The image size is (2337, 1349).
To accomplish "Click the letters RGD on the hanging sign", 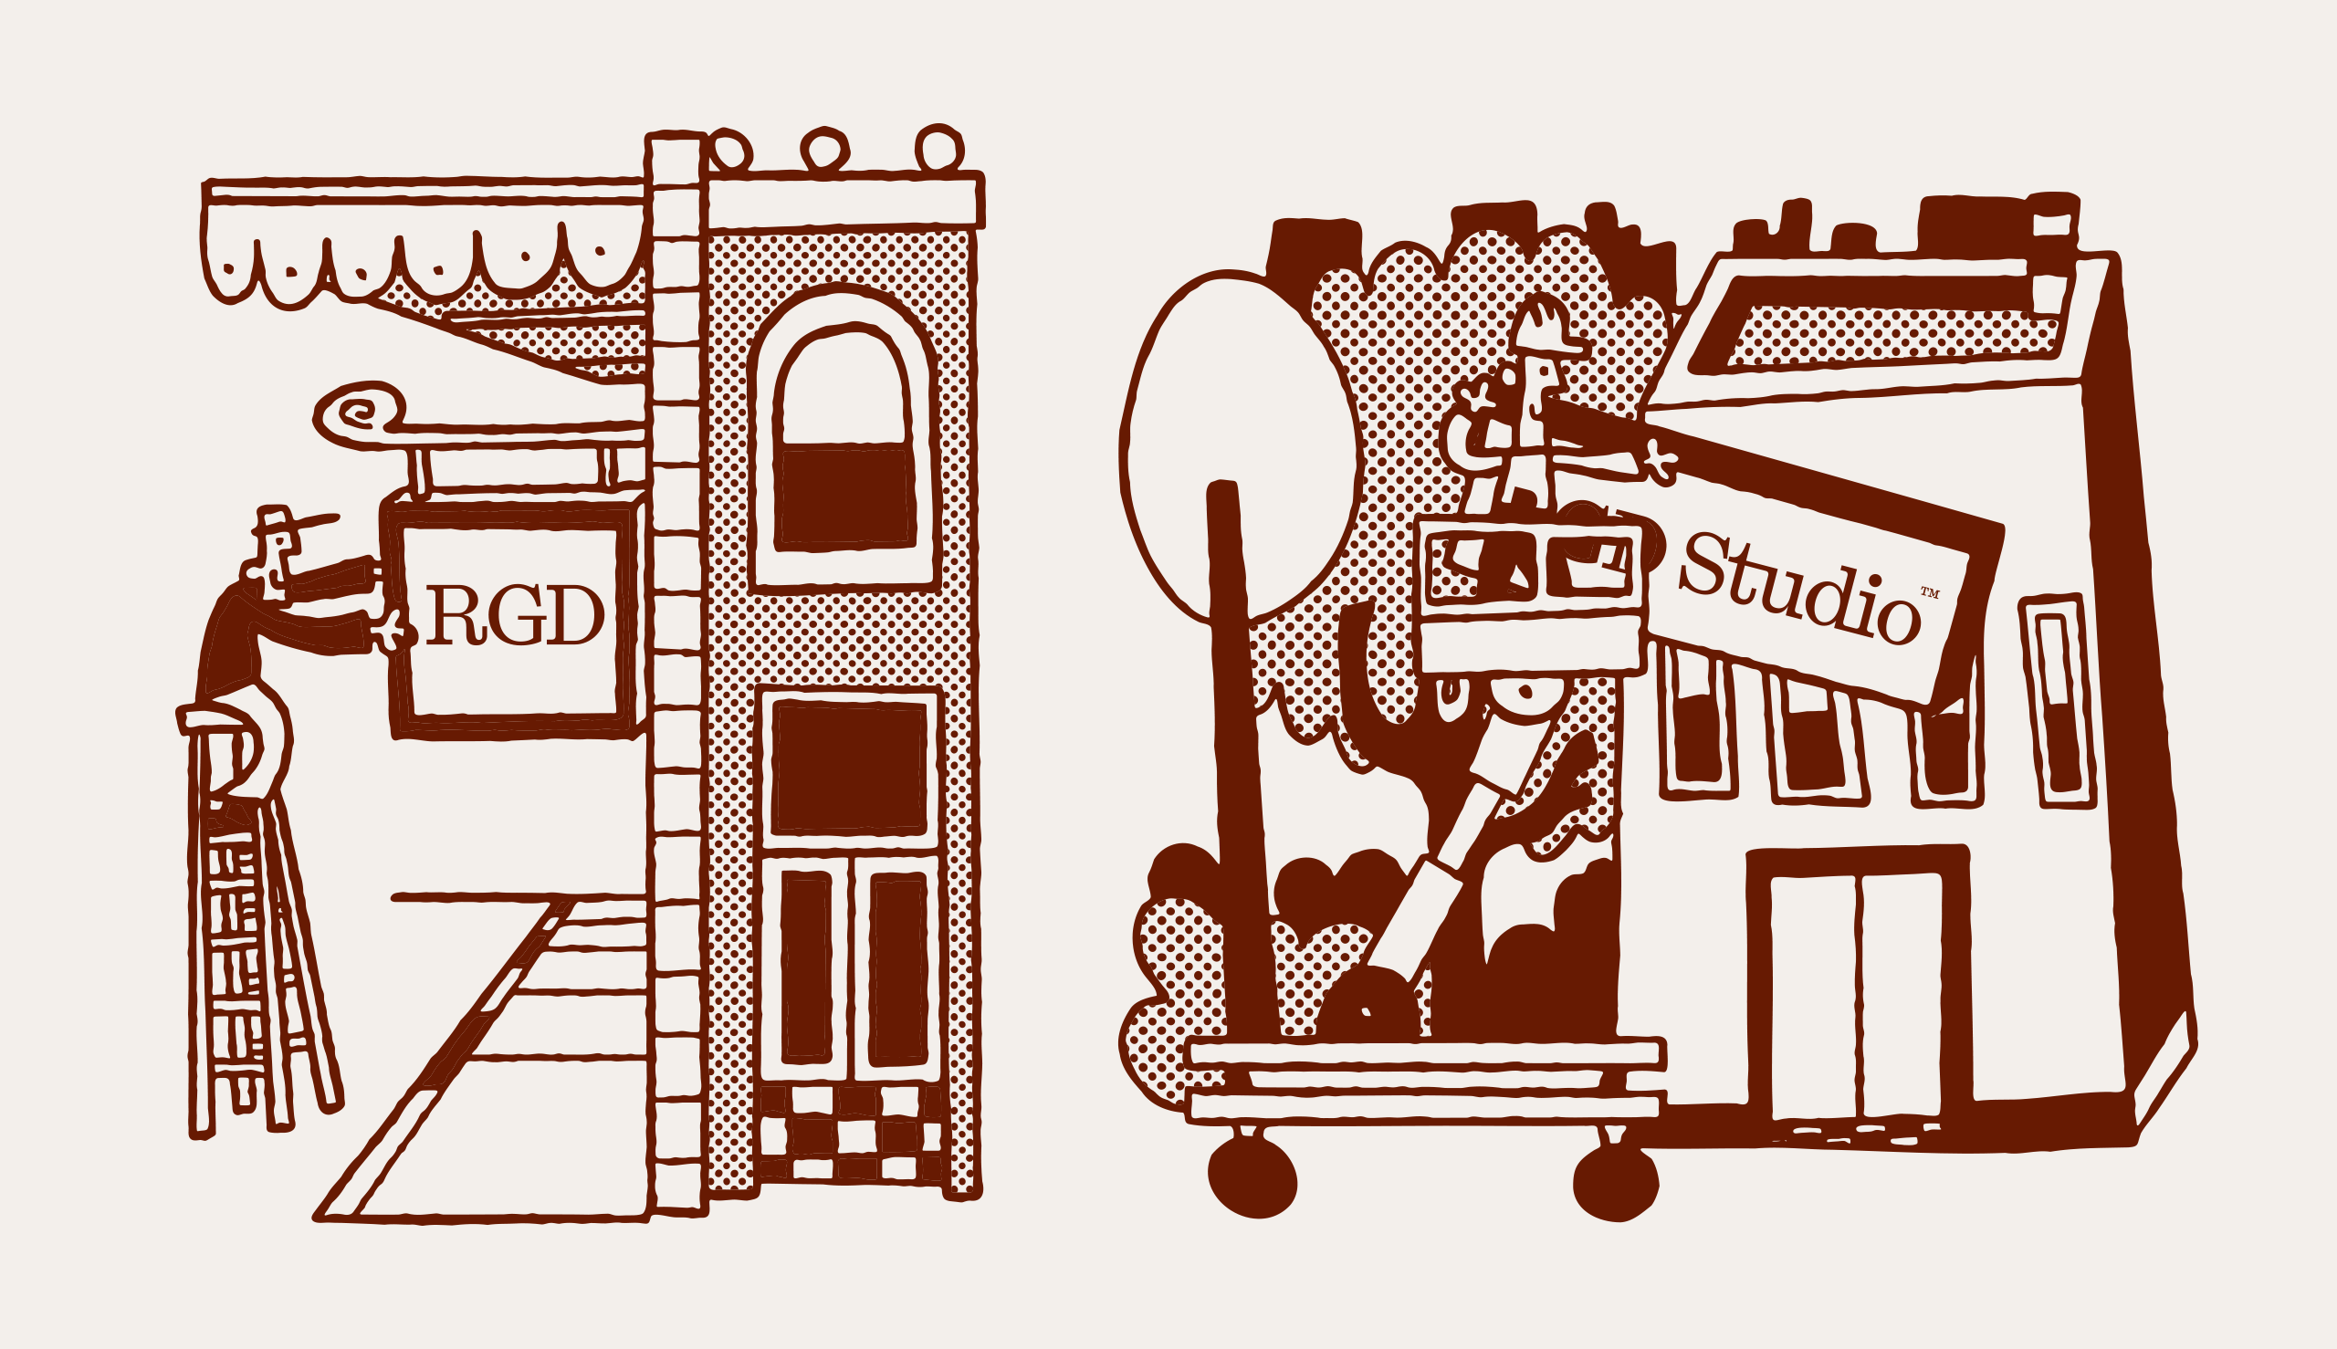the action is coord(515,616).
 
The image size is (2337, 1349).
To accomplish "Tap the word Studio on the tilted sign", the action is coord(1798,590).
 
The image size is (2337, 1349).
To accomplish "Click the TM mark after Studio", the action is coord(1929,593).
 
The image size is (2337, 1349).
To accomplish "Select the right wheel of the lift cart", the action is coord(1615,1183).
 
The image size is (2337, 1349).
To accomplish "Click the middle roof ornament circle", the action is coord(823,149).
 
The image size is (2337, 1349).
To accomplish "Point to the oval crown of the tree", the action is coord(1237,444).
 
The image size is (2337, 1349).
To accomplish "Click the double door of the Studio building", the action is coord(1857,995).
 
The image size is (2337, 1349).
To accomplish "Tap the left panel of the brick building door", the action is coord(805,967).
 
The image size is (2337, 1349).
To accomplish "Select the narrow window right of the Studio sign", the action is coord(2056,701).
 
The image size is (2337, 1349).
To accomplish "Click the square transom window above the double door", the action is coord(849,769).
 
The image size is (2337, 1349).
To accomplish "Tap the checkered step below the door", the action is coord(848,1133).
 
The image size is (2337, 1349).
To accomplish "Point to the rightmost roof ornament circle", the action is coord(939,149).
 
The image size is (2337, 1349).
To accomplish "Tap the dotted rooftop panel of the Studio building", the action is coord(1891,333).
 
